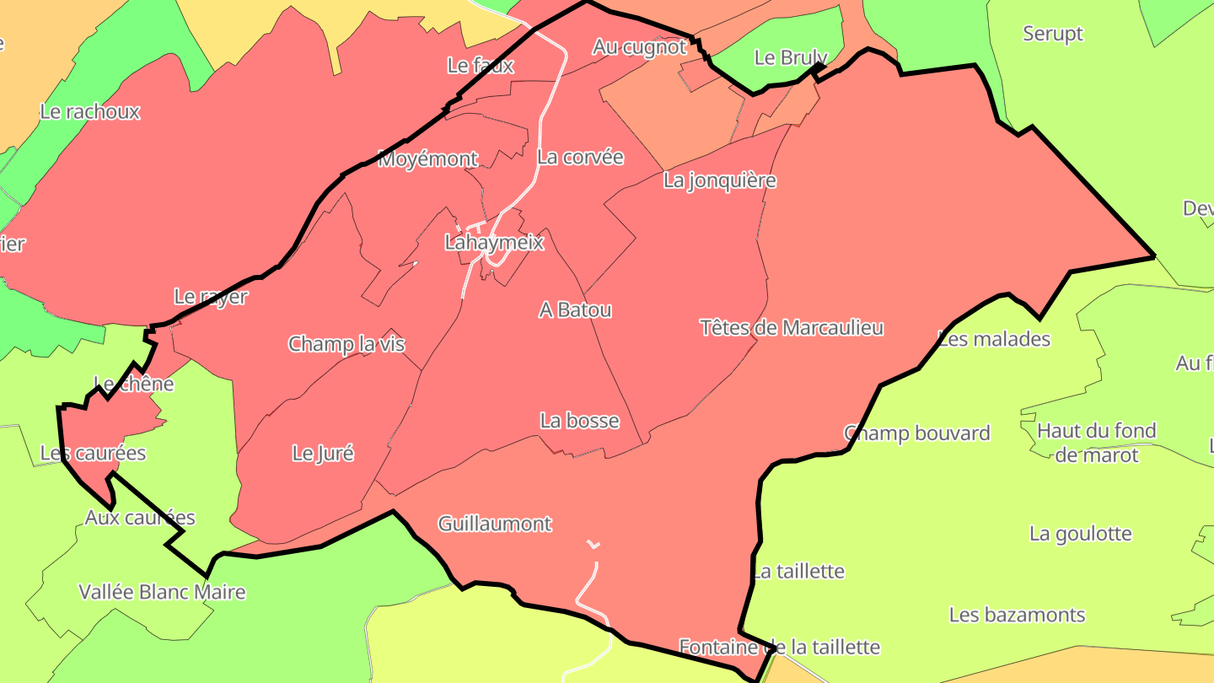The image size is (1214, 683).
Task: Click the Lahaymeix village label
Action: pyautogui.click(x=494, y=243)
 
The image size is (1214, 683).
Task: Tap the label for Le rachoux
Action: pyautogui.click(x=90, y=111)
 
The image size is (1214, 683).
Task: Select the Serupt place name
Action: pyautogui.click(x=1052, y=34)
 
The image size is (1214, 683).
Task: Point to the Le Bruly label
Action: pyautogui.click(x=790, y=57)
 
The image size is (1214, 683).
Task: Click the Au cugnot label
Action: pyautogui.click(x=639, y=47)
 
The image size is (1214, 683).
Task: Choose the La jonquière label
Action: pyautogui.click(x=719, y=180)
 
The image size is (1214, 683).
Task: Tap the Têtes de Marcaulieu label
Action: pyautogui.click(x=792, y=327)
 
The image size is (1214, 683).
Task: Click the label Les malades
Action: pyautogui.click(x=994, y=339)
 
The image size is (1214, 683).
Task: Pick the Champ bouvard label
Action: pyautogui.click(x=916, y=433)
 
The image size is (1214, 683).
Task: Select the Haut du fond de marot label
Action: pyautogui.click(x=1096, y=443)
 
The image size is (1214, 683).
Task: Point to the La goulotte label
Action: pyautogui.click(x=1080, y=534)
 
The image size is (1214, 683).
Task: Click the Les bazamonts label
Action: pyautogui.click(x=1017, y=615)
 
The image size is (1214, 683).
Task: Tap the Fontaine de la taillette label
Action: pyautogui.click(x=779, y=648)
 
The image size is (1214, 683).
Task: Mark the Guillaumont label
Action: pyautogui.click(x=495, y=524)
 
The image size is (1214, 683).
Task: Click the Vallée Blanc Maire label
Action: pyautogui.click(x=162, y=592)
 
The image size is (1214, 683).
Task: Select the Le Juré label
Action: pyautogui.click(x=323, y=453)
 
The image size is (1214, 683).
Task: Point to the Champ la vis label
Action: pyautogui.click(x=346, y=344)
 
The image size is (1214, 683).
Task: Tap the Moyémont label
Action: pyautogui.click(x=427, y=159)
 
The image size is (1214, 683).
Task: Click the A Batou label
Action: pyautogui.click(x=575, y=309)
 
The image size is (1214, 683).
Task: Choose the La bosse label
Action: pyautogui.click(x=579, y=421)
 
